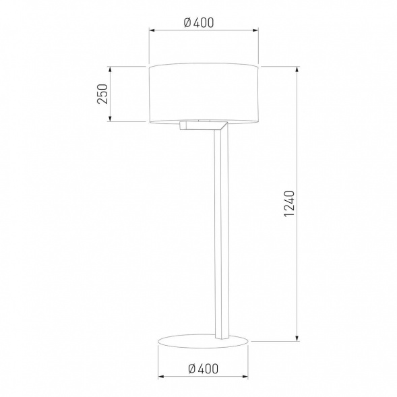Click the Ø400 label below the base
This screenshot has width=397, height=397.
[x=204, y=368]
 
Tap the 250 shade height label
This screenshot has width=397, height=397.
[x=102, y=94]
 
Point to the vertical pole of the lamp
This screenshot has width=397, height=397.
[x=219, y=229]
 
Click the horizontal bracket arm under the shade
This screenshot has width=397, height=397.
[x=200, y=125]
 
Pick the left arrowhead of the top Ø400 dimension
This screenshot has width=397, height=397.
[x=150, y=30]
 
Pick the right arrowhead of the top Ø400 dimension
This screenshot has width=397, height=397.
[x=255, y=30]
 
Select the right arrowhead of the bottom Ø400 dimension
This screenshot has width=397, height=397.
[x=247, y=377]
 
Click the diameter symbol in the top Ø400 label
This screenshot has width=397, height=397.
[x=187, y=22]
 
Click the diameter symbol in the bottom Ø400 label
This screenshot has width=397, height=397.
[x=192, y=368]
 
